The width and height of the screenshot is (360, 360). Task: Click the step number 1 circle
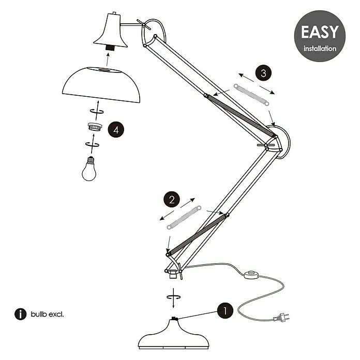[225, 311]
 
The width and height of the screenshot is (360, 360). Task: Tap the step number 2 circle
[172, 199]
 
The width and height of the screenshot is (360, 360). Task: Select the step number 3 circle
[263, 73]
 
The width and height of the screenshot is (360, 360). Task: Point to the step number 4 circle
[116, 130]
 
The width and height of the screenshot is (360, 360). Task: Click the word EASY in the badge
[320, 32]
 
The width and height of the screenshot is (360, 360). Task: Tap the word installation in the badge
[320, 49]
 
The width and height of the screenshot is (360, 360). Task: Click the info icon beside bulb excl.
[21, 314]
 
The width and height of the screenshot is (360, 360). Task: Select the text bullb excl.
[47, 314]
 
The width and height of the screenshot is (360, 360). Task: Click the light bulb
[89, 169]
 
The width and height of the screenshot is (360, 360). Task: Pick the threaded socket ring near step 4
[95, 127]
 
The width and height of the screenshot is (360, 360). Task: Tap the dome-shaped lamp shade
[101, 84]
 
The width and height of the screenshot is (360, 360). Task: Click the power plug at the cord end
[281, 318]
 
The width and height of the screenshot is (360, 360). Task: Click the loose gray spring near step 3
[251, 95]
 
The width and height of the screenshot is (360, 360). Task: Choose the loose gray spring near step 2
[184, 217]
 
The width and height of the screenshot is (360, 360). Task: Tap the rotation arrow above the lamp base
[174, 297]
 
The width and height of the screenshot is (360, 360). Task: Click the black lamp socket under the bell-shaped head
[110, 49]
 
